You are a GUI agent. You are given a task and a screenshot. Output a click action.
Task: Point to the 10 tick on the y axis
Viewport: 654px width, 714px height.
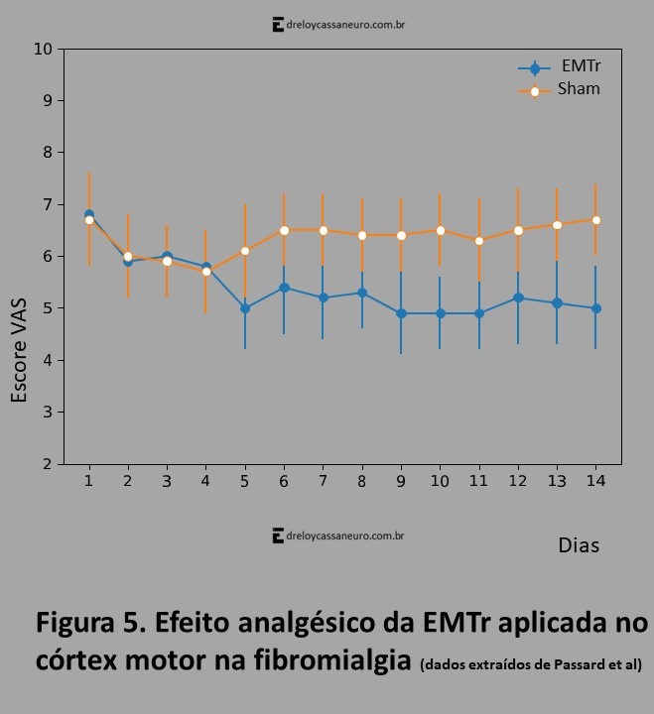click(43, 49)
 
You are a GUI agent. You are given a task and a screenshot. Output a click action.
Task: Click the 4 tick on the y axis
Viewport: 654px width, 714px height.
click(47, 360)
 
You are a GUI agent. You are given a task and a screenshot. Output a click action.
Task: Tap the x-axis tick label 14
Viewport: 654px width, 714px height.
click(594, 481)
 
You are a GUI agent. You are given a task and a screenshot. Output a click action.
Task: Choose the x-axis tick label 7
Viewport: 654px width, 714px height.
click(323, 481)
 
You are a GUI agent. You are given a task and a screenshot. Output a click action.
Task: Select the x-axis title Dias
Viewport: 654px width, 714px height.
click(579, 545)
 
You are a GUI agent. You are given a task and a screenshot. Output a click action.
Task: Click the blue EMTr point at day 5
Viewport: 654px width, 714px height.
click(245, 308)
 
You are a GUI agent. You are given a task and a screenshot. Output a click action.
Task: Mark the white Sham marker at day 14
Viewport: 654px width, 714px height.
click(595, 220)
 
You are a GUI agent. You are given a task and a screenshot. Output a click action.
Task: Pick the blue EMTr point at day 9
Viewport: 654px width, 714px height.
click(401, 313)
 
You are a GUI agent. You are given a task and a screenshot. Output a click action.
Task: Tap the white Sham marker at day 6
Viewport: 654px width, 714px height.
click(284, 230)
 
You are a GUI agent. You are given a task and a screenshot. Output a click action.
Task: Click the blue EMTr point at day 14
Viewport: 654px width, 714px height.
click(595, 308)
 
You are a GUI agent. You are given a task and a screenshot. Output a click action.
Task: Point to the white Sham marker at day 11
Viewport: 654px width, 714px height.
click(479, 241)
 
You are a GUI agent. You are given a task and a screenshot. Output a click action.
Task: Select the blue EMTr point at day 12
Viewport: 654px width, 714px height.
click(518, 297)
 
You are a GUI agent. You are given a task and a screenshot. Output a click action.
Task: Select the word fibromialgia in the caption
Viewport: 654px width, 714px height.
click(330, 659)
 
